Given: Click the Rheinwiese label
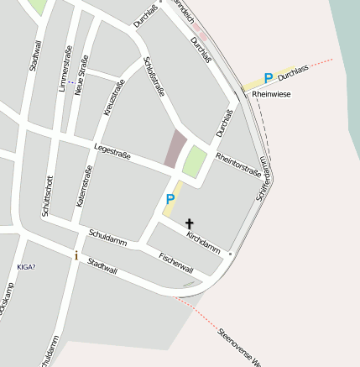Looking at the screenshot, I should [x=272, y=95].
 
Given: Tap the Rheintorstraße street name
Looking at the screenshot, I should [x=238, y=164].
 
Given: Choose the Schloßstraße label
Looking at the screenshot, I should [x=154, y=76].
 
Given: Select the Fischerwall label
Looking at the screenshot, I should [x=176, y=265].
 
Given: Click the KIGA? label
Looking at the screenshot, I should [x=26, y=267].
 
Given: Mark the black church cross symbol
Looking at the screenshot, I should [x=190, y=223].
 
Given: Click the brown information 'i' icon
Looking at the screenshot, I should [x=76, y=255].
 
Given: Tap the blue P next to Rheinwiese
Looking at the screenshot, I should [x=268, y=78].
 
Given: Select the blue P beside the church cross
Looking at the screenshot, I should [x=170, y=199].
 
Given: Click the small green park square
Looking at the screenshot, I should [x=195, y=160].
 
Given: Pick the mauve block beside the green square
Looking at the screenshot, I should [x=175, y=149].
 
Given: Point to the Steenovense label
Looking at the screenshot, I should [x=239, y=347].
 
